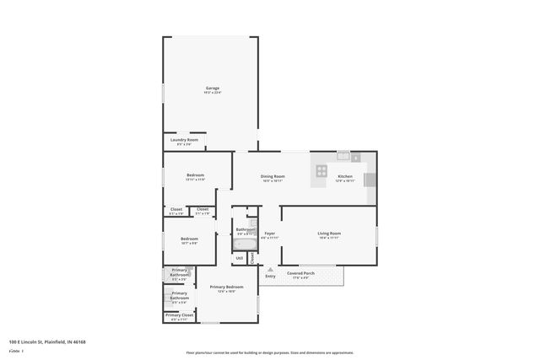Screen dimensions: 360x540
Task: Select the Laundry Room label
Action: pyautogui.click(x=184, y=139)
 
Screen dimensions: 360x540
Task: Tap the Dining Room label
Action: pyautogui.click(x=272, y=175)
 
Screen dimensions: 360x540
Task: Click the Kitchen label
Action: pyautogui.click(x=344, y=175)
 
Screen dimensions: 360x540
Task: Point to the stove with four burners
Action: pyautogui.click(x=321, y=170)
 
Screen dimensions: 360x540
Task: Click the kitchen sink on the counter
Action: pyautogui.click(x=343, y=155)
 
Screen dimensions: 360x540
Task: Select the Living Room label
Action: pyautogui.click(x=328, y=233)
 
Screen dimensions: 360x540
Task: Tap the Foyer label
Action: pyautogui.click(x=269, y=233)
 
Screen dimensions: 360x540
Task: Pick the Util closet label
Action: pyautogui.click(x=240, y=258)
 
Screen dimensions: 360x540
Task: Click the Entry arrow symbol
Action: pyautogui.click(x=270, y=268)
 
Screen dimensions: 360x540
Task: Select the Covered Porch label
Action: pyautogui.click(x=300, y=273)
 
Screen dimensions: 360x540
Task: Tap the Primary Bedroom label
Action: pyautogui.click(x=226, y=287)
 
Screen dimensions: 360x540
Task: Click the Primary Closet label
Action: pyautogui.click(x=179, y=314)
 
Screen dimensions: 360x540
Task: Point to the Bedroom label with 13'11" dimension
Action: pyautogui.click(x=195, y=175)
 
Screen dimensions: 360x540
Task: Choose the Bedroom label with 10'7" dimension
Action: pyautogui.click(x=189, y=239)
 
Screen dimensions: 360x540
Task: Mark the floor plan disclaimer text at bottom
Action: pyautogui.click(x=269, y=352)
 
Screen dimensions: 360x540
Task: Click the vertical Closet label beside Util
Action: pyautogui.click(x=251, y=257)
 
